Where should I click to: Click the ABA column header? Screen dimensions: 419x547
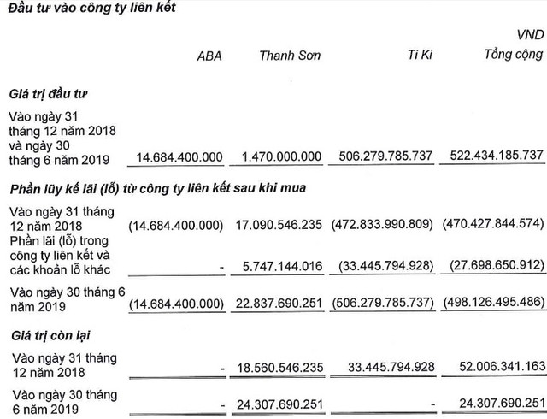pyautogui.click(x=209, y=57)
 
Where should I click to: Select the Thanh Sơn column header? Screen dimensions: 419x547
pyautogui.click(x=291, y=57)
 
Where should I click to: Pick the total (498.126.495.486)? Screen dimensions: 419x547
pyautogui.click(x=494, y=303)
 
